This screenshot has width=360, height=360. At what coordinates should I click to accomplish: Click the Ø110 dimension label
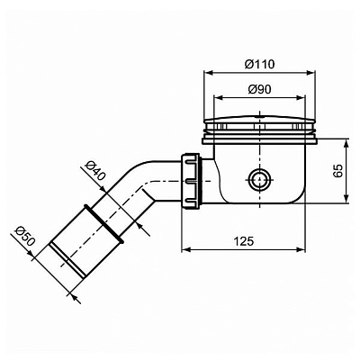[260, 63]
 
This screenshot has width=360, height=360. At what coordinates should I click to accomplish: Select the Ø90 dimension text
[260, 90]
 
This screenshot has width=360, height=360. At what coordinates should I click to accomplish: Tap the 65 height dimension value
[337, 171]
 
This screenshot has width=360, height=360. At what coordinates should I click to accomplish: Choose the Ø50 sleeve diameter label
[24, 238]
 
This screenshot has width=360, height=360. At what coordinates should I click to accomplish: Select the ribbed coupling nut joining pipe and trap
[191, 179]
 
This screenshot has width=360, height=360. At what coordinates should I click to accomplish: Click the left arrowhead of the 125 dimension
[185, 250]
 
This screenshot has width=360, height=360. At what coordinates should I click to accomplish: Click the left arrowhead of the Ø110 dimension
[207, 74]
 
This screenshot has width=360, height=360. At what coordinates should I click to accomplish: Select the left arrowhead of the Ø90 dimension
[213, 98]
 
